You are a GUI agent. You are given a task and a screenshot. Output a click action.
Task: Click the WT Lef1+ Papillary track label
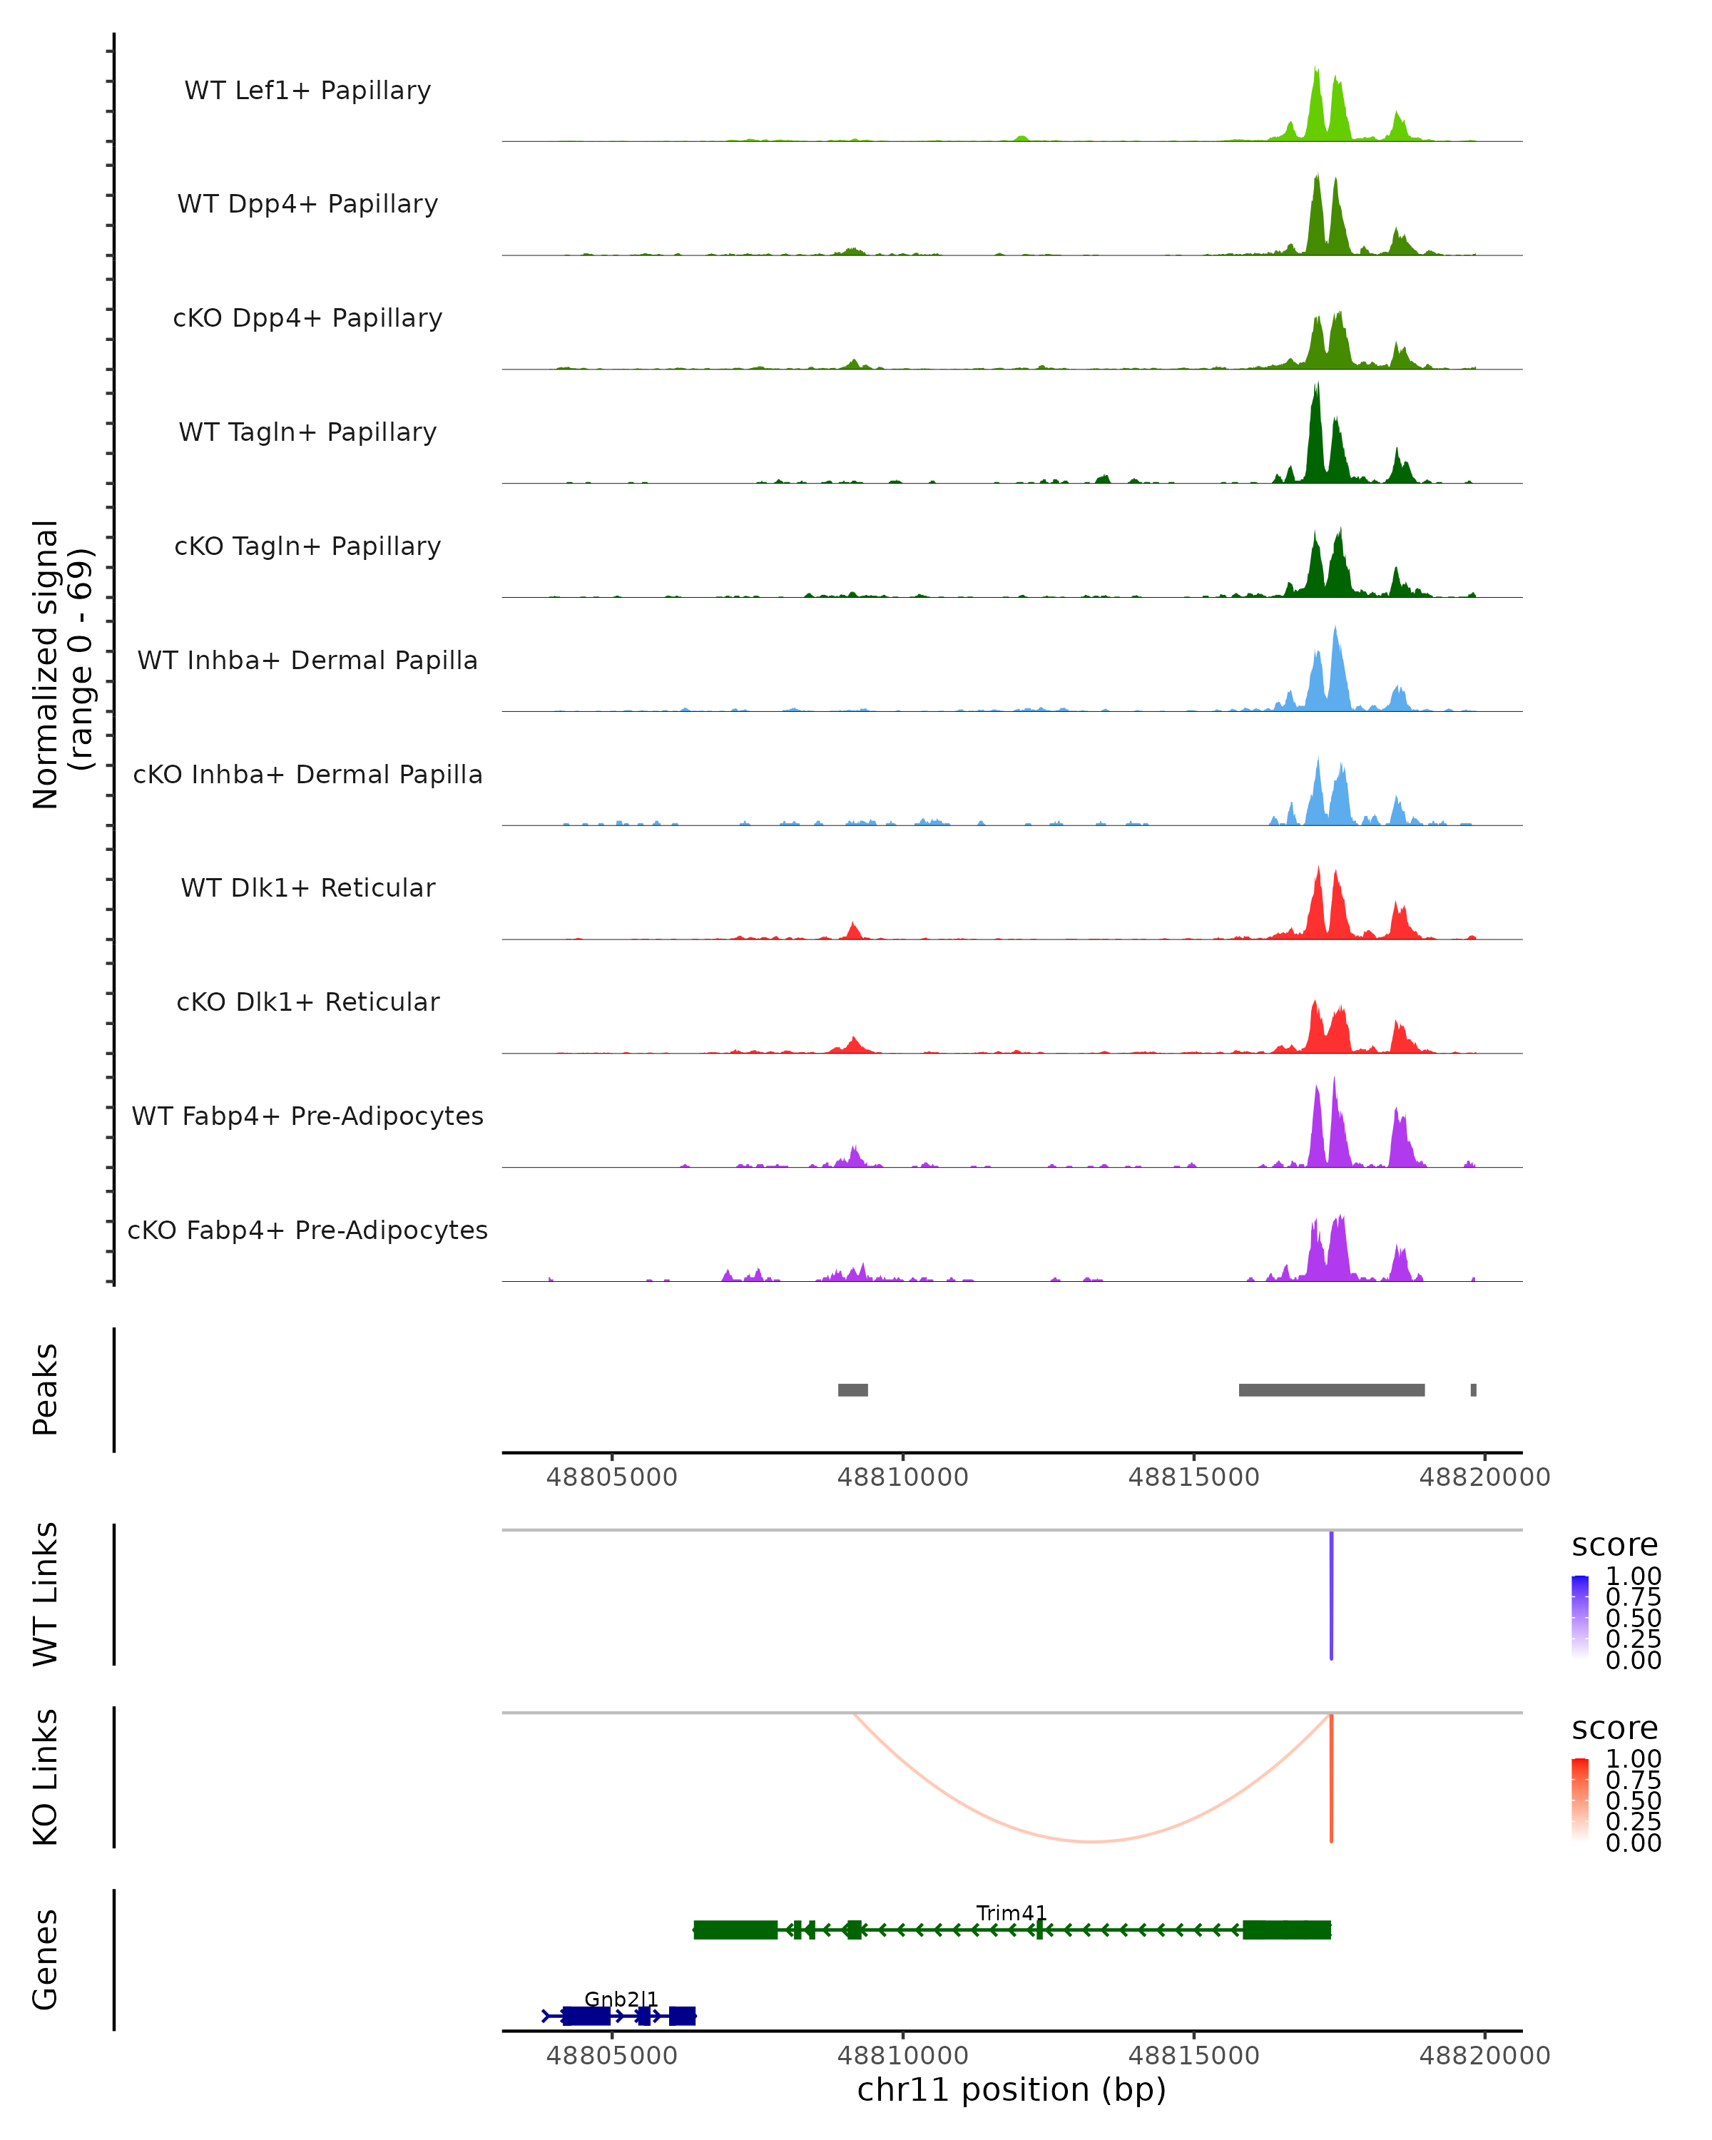(x=307, y=91)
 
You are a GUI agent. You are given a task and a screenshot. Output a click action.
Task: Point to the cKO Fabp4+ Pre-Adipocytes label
(x=307, y=1230)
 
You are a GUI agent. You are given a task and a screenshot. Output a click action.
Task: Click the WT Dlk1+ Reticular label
(x=307, y=887)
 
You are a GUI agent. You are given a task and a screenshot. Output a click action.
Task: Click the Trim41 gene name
(x=1012, y=1912)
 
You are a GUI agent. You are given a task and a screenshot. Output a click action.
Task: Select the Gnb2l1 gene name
(x=621, y=1999)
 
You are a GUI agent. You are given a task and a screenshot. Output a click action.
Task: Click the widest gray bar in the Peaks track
(x=1331, y=1390)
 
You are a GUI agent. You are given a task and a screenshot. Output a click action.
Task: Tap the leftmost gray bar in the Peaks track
(x=852, y=1390)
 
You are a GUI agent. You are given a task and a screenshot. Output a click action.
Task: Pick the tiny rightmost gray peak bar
(x=1473, y=1390)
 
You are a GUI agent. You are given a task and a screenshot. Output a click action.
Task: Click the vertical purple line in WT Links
(x=1331, y=1595)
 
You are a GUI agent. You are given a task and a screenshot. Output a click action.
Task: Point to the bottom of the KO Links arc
(x=1091, y=1841)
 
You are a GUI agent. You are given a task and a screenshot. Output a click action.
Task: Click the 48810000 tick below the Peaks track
(x=902, y=1477)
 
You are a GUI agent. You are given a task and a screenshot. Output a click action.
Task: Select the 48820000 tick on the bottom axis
(x=1484, y=2056)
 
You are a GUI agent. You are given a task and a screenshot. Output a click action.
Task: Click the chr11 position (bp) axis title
(x=1012, y=2089)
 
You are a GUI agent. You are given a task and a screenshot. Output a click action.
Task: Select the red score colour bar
(x=1580, y=1800)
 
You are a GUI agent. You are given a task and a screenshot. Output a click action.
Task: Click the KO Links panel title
(x=46, y=1778)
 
